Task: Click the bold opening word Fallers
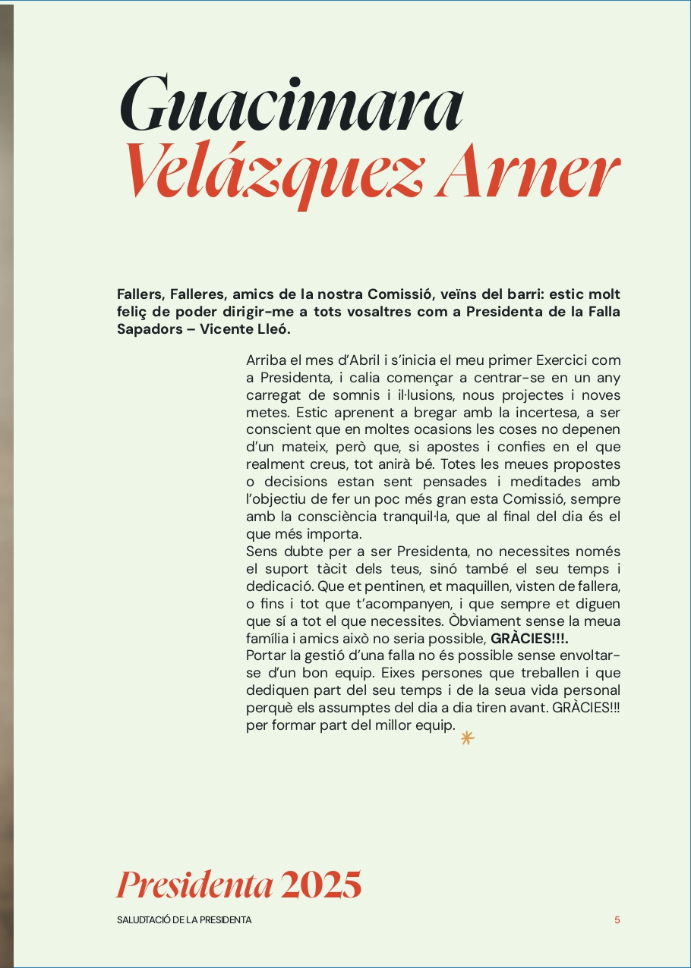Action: click(140, 294)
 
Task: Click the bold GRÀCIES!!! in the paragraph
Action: click(529, 638)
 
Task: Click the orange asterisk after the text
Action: click(468, 737)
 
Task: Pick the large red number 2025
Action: click(320, 885)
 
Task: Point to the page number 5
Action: click(617, 920)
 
